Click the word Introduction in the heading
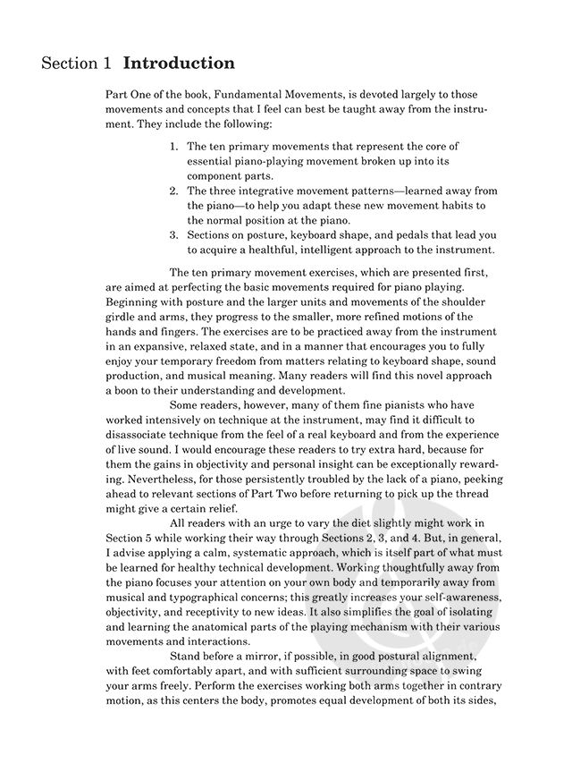[179, 64]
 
